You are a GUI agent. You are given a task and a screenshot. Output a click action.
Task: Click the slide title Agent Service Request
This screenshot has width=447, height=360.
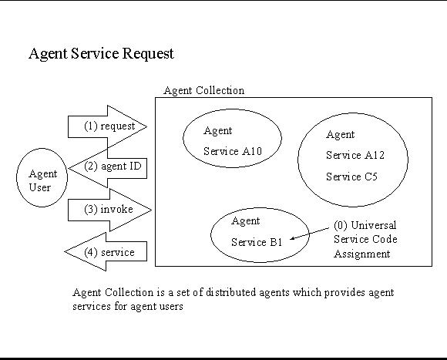point(101,54)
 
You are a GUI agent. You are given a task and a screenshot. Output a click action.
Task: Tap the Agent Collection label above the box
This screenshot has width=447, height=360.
point(204,91)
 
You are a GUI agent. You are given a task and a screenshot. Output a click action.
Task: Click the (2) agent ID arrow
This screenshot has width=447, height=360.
point(107,168)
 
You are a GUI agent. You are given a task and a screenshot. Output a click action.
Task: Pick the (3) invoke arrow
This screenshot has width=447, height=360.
point(109,210)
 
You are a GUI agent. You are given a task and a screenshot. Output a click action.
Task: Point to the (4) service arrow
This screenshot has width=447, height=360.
point(106,251)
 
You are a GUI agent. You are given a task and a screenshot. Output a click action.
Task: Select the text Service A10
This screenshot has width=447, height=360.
point(233,151)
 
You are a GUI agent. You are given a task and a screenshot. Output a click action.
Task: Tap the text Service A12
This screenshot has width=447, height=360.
point(355,155)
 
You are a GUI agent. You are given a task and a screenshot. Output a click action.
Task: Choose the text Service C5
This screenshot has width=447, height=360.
point(351,177)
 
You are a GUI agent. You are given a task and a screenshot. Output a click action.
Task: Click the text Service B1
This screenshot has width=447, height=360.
point(257,242)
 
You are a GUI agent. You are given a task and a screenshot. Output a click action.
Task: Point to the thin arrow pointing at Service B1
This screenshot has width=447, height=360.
point(309,234)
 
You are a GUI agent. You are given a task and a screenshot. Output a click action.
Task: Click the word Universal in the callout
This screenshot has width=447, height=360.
point(374,225)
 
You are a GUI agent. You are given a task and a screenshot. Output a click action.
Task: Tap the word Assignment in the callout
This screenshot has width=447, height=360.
point(362,254)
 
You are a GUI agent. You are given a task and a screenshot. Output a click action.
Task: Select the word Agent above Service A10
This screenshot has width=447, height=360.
point(218,131)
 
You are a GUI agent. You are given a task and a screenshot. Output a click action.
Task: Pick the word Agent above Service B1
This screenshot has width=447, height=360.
point(245,221)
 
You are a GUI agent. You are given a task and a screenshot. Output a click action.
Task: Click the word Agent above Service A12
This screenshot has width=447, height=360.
point(341,135)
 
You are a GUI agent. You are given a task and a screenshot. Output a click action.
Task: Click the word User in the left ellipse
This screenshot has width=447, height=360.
point(39,187)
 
